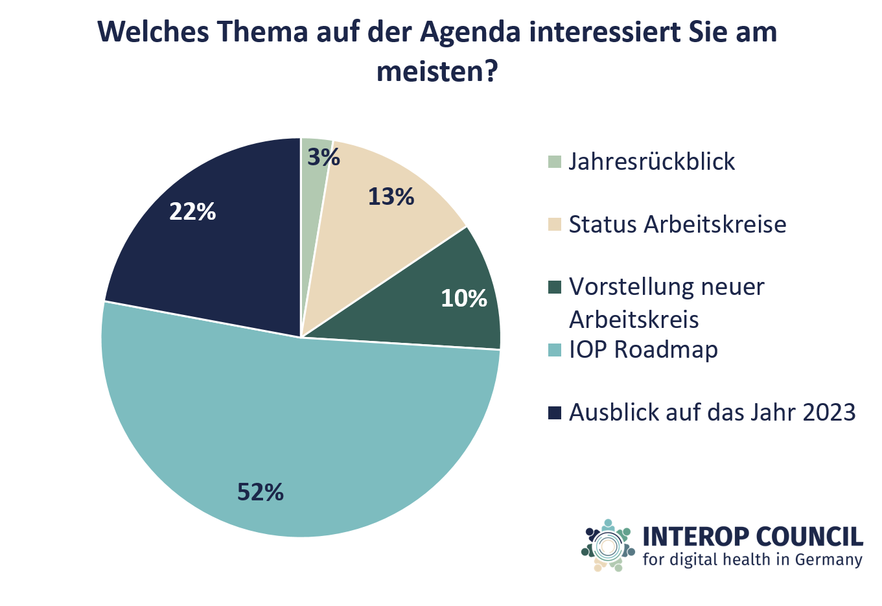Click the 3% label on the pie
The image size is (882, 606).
tap(323, 157)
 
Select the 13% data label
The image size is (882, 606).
tap(391, 196)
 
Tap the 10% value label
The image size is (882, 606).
tap(464, 298)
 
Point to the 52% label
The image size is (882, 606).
tap(261, 493)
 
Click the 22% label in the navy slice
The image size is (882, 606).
tap(192, 211)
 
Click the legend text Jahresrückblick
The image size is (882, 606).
tap(652, 161)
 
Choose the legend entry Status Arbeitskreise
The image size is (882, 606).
tap(677, 224)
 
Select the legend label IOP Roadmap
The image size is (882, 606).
tap(643, 349)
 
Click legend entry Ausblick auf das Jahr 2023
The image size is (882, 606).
tap(712, 412)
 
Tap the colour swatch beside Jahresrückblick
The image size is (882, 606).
tap(554, 162)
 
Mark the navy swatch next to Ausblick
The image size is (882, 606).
tap(554, 413)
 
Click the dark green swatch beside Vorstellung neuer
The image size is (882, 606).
tap(554, 287)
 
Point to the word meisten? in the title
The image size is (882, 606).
tap(436, 71)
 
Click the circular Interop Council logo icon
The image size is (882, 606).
tap(608, 546)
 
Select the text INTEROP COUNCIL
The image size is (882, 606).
tap(752, 537)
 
